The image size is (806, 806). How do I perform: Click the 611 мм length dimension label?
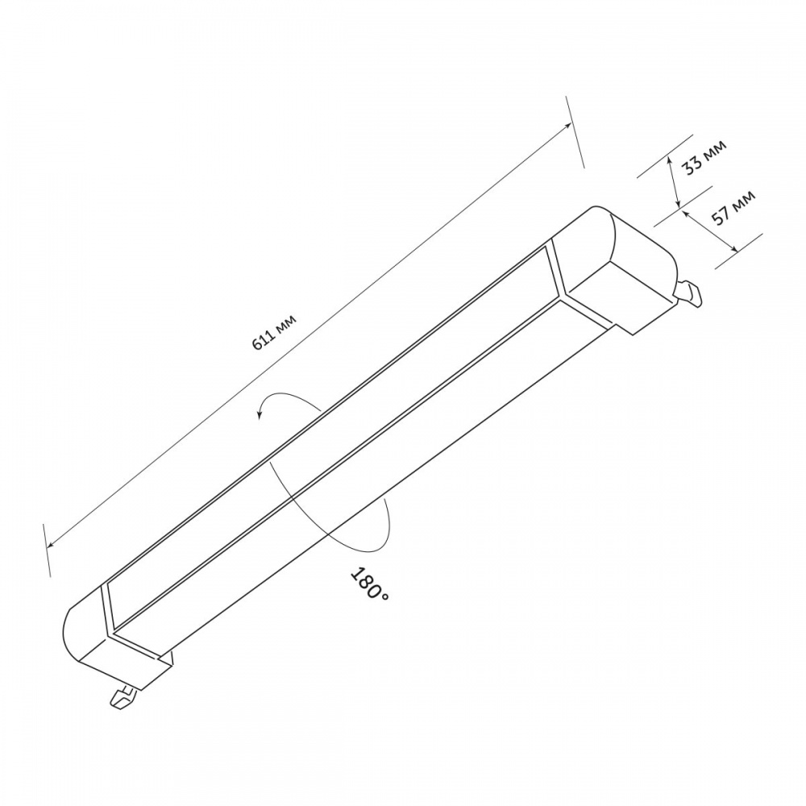[275, 331]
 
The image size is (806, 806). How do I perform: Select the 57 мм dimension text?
[733, 206]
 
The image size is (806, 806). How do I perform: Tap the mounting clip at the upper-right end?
[689, 293]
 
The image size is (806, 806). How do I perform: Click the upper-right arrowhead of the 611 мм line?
[570, 127]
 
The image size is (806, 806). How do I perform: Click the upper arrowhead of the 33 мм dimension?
[671, 162]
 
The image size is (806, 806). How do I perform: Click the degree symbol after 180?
[384, 596]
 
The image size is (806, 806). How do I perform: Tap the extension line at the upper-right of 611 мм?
[575, 132]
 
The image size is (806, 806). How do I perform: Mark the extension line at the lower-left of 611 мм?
[46, 549]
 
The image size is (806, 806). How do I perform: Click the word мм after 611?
[286, 322]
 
